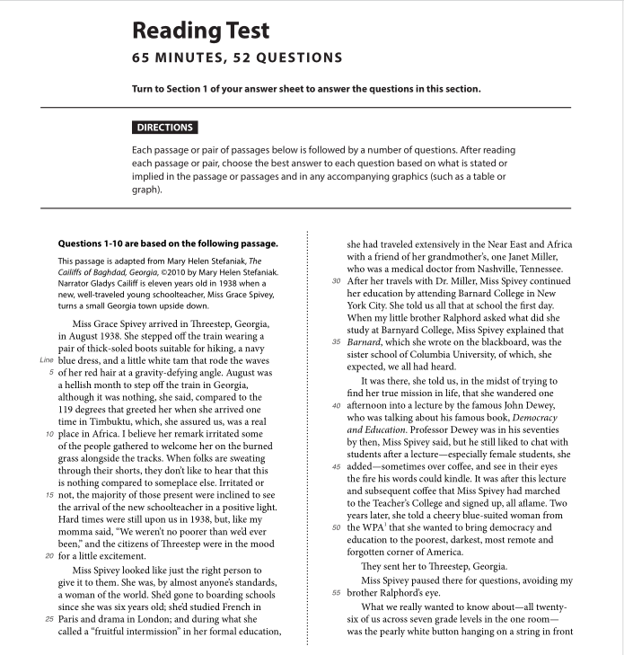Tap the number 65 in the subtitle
[x=143, y=58]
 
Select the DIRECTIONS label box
[x=164, y=128]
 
